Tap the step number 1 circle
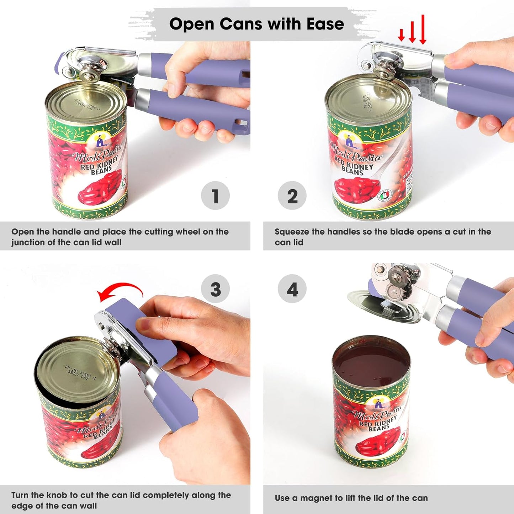215,196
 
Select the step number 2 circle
292,196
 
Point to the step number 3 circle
215,289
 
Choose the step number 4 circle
292,289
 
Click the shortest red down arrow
401,35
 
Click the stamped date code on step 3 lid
80,372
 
